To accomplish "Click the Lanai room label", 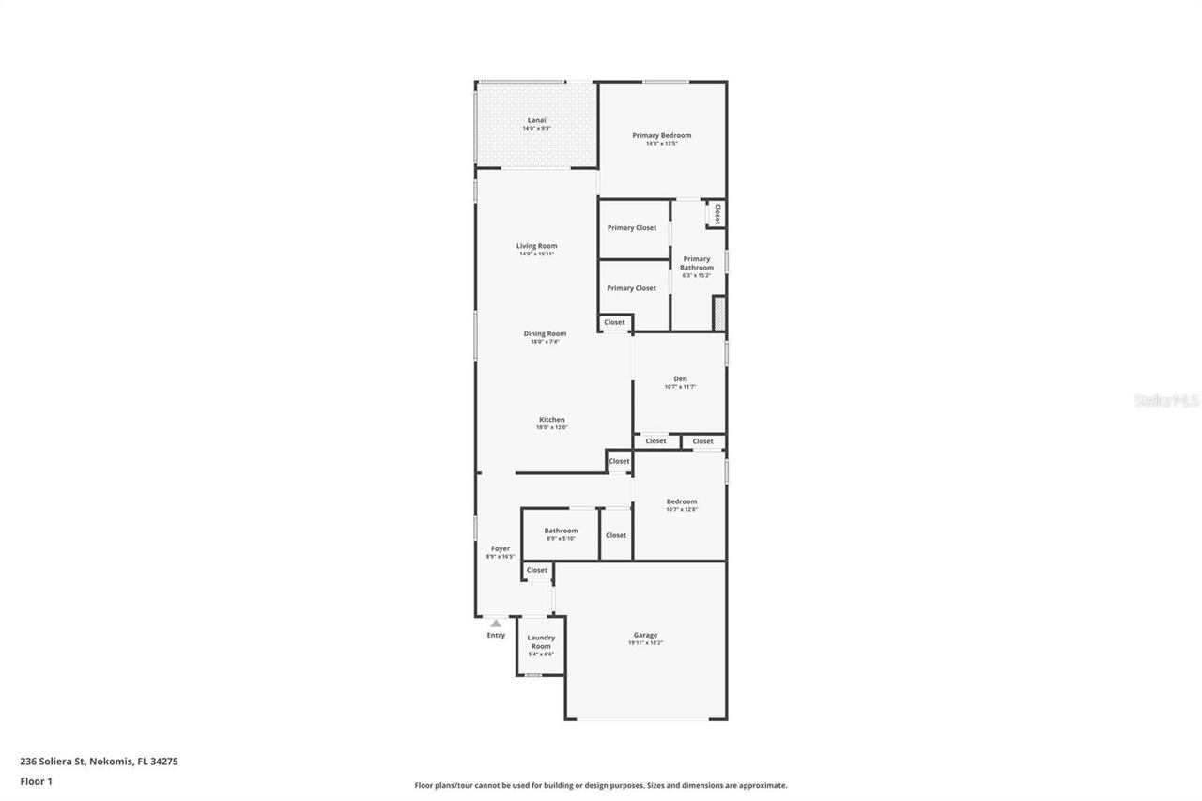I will (536, 120).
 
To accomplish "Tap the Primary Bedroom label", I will (661, 135).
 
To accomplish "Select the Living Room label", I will (536, 246).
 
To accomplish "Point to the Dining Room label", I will (545, 333).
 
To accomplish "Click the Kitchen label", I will (551, 420).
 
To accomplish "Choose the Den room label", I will (680, 378).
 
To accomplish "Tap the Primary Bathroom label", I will (697, 263).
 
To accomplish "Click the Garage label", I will (645, 635).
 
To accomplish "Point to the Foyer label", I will (501, 548).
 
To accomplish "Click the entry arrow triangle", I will (496, 623).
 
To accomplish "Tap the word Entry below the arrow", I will (496, 635).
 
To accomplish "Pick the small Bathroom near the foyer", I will (561, 531).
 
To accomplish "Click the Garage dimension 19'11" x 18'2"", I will (646, 643).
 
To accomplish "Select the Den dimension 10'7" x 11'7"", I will (680, 387).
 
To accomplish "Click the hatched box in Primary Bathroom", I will (719, 313).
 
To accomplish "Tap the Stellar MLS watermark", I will (1166, 400).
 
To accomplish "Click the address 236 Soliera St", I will (99, 762).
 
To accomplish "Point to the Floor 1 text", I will (36, 780).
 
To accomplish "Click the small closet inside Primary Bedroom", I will (717, 213).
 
